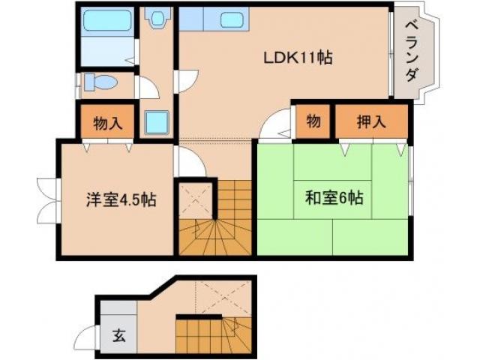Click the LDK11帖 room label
(x=297, y=57)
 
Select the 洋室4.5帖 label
(x=120, y=200)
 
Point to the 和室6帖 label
(x=334, y=199)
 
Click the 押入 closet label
(x=371, y=121)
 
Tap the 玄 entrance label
(x=118, y=335)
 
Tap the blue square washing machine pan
(x=158, y=121)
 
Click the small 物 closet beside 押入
(x=313, y=121)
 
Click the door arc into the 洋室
(x=186, y=160)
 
